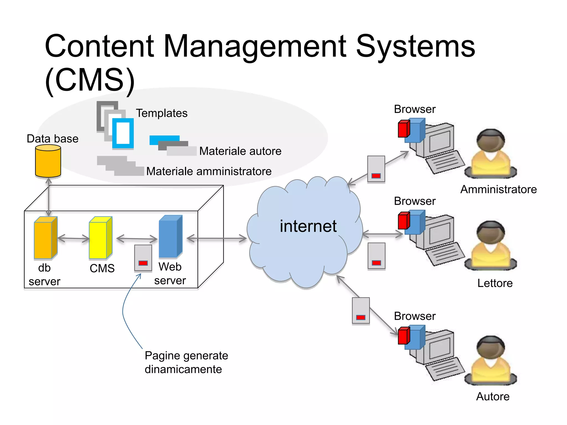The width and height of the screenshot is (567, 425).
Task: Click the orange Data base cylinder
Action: pyautogui.click(x=48, y=161)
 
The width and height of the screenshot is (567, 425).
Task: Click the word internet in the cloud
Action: pyautogui.click(x=308, y=226)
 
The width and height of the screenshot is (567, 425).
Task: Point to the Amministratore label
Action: pyautogui.click(x=498, y=190)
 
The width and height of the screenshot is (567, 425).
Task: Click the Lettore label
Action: pyautogui.click(x=495, y=283)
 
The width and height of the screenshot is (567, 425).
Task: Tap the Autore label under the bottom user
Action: pyautogui.click(x=493, y=397)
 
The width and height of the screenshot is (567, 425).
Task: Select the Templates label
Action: pyautogui.click(x=162, y=113)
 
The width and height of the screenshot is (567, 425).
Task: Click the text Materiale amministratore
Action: pyautogui.click(x=209, y=171)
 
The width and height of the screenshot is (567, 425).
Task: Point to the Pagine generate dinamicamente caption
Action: pyautogui.click(x=186, y=362)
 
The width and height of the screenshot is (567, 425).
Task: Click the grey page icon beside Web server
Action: pyautogui.click(x=143, y=258)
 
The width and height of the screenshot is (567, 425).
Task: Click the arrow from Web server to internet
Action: pyautogui.click(x=217, y=239)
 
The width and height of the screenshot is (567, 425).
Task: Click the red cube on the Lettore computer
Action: pyautogui.click(x=404, y=221)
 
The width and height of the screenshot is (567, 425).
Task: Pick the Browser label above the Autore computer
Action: pyautogui.click(x=414, y=316)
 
